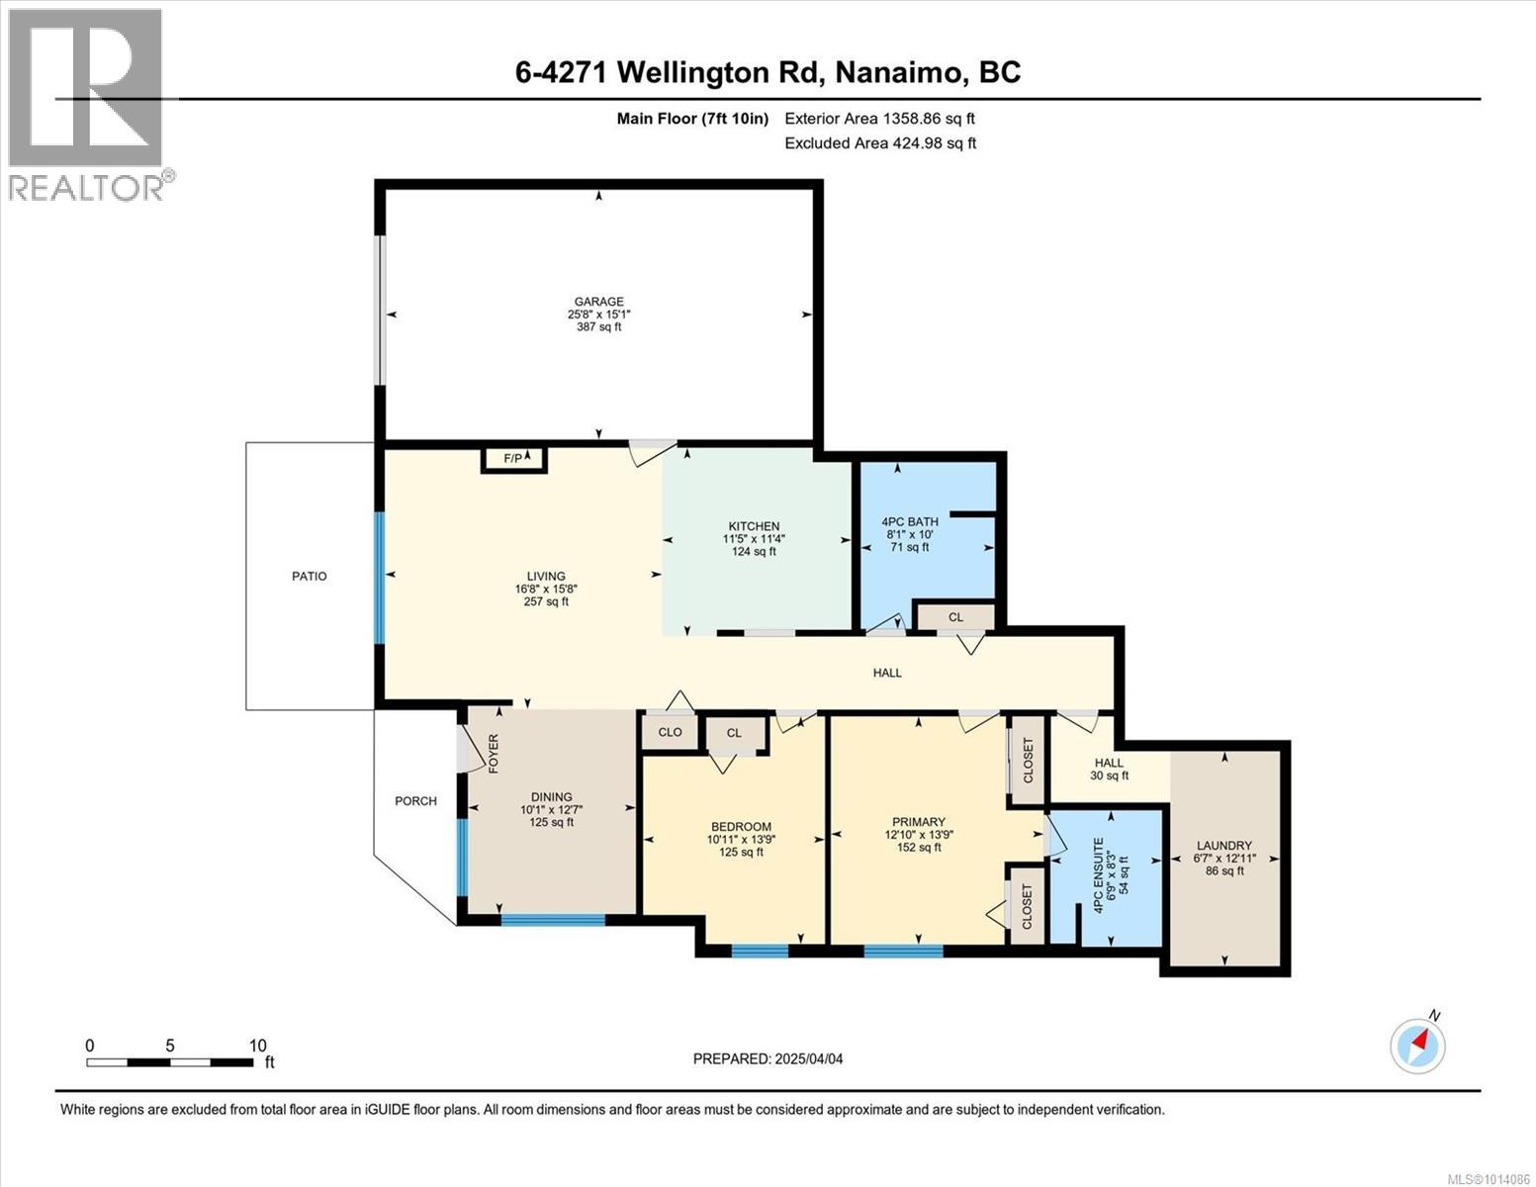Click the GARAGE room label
coord(599,302)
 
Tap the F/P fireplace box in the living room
coord(514,459)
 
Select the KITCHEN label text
coord(754,526)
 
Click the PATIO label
coord(309,576)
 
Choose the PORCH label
coord(415,801)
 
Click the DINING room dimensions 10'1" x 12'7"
coord(551,809)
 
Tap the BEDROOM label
coord(741,827)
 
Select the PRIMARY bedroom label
coord(919,822)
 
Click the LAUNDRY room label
coord(1224,846)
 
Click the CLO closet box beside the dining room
coord(670,733)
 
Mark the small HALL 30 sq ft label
coord(1109,770)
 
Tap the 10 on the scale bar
coord(257,1046)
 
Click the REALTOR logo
coord(87,104)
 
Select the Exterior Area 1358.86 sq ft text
coord(879,118)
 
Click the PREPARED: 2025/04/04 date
coord(768,1058)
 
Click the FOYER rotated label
coord(493,754)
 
